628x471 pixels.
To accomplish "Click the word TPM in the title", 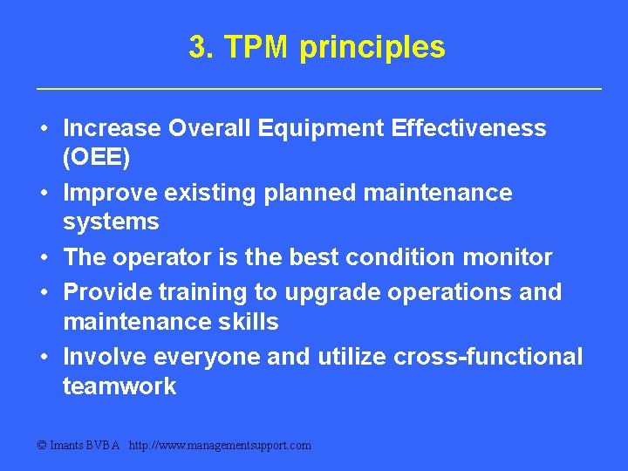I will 256,47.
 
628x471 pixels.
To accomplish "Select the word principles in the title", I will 372,48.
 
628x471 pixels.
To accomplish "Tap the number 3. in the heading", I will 202,47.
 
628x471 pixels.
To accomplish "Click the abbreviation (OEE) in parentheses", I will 97,158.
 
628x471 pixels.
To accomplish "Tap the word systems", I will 111,222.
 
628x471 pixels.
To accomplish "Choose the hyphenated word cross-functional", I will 488,357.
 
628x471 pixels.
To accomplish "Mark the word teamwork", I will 119,386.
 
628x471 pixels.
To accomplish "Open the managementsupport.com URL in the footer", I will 220,446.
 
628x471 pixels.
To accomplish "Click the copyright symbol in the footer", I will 42,446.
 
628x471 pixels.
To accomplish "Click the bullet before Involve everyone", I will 43,357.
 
